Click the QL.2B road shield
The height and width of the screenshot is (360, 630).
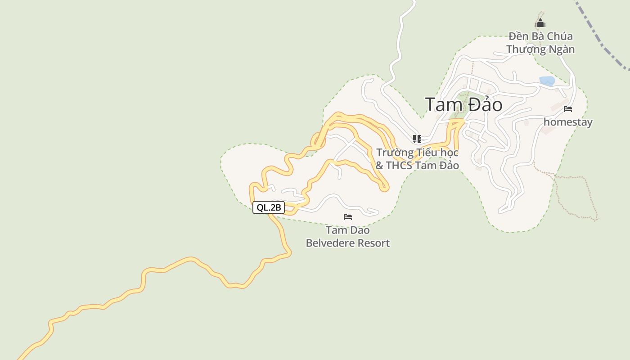tap(269, 207)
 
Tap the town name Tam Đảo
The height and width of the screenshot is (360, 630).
tap(463, 105)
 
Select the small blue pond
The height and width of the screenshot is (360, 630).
tap(547, 81)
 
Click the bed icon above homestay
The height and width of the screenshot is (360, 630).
tap(568, 109)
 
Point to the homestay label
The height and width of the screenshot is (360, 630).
tap(568, 122)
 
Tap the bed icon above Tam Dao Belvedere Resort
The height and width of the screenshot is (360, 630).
tap(348, 217)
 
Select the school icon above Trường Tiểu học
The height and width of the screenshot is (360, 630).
tap(417, 139)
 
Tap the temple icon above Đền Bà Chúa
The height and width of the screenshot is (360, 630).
tap(540, 23)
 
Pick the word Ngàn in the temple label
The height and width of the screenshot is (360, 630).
tap(562, 49)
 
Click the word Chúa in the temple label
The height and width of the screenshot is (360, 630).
tap(560, 36)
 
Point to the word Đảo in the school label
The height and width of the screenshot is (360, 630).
tap(447, 166)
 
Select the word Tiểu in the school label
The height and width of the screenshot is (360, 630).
tap(425, 153)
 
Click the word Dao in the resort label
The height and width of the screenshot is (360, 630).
tap(360, 230)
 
